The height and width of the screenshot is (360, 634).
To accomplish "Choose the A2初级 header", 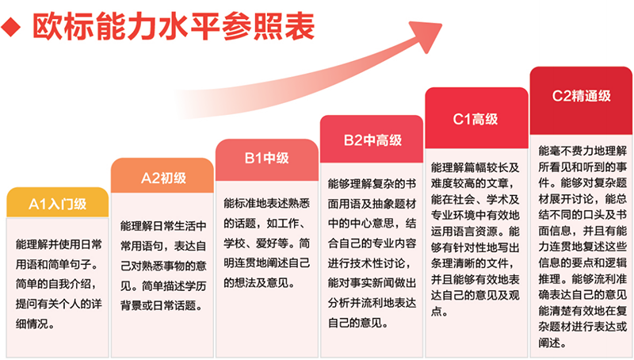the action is (x=162, y=177).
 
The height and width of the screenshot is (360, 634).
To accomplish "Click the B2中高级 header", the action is (x=372, y=140).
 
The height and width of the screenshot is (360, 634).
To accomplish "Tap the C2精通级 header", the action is (x=581, y=95).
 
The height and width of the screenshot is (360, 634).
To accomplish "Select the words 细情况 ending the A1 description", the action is (x=34, y=325).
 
